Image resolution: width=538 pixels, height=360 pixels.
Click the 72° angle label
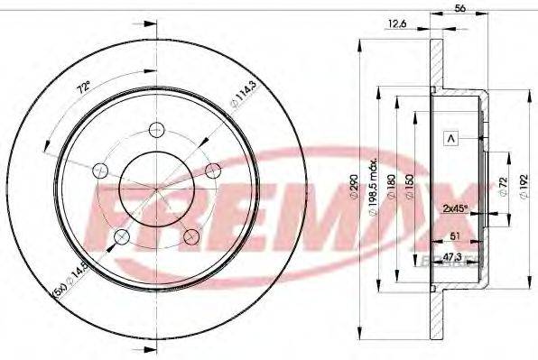click(82, 88)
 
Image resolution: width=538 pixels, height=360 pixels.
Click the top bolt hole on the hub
click(156, 129)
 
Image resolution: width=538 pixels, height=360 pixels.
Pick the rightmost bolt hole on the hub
click(213, 171)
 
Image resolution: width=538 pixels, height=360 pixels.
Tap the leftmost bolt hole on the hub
click(100, 171)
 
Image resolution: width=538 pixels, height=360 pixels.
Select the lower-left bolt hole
click(122, 237)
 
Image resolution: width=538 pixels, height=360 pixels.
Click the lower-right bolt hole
click(191, 236)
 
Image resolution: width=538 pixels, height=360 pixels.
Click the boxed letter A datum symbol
click(451, 138)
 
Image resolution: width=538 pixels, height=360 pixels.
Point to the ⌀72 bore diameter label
click(502, 187)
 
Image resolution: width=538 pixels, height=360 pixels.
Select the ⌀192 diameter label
click(523, 187)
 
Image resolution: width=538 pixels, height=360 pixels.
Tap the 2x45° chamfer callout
click(457, 208)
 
